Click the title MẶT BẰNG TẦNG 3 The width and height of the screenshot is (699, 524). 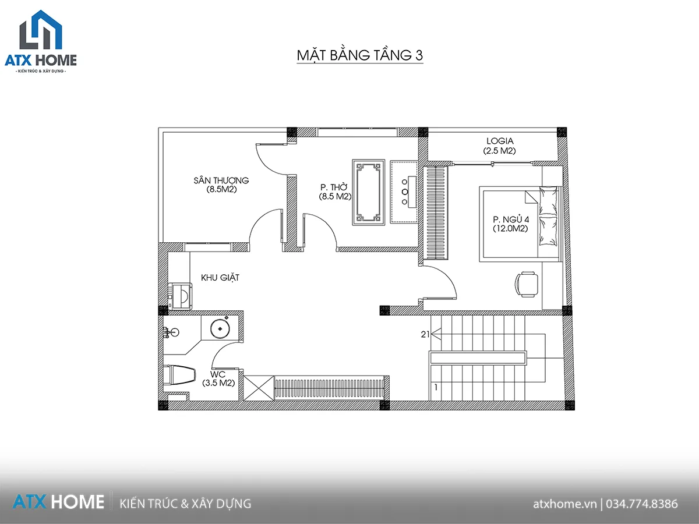(x=360, y=55)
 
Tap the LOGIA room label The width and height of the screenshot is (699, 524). (x=500, y=141)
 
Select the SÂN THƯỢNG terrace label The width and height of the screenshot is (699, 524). (x=221, y=180)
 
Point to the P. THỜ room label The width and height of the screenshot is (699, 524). (x=334, y=187)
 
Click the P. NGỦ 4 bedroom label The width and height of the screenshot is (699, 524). (x=511, y=219)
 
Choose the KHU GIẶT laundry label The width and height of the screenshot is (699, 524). (x=220, y=278)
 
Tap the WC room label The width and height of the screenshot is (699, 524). (x=218, y=374)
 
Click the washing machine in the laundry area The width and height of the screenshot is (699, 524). (x=181, y=296)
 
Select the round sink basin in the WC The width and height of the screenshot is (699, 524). (x=220, y=328)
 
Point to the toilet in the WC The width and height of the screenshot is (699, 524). (x=179, y=375)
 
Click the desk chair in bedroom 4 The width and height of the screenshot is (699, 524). (x=527, y=284)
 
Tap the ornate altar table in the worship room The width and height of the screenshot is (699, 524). (x=369, y=192)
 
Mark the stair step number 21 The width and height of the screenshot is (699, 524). (x=425, y=334)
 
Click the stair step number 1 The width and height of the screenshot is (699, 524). (x=436, y=388)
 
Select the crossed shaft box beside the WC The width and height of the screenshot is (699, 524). (x=259, y=388)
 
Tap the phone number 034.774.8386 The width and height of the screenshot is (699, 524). (x=642, y=504)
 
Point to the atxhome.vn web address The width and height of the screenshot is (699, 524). (x=564, y=504)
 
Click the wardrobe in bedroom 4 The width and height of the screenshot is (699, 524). (x=435, y=213)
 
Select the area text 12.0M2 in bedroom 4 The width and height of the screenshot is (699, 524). (x=510, y=228)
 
